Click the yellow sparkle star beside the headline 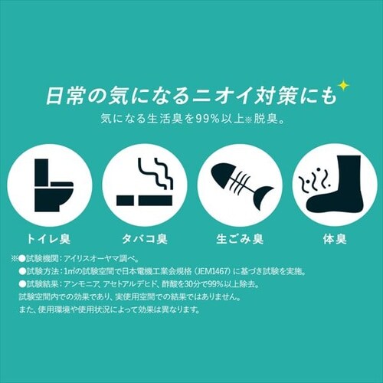[344, 86]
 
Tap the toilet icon [54, 185]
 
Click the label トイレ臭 [48, 239]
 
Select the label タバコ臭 [145, 239]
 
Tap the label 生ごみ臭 [240, 239]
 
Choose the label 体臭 [335, 239]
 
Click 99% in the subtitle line [208, 119]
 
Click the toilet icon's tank [41, 172]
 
